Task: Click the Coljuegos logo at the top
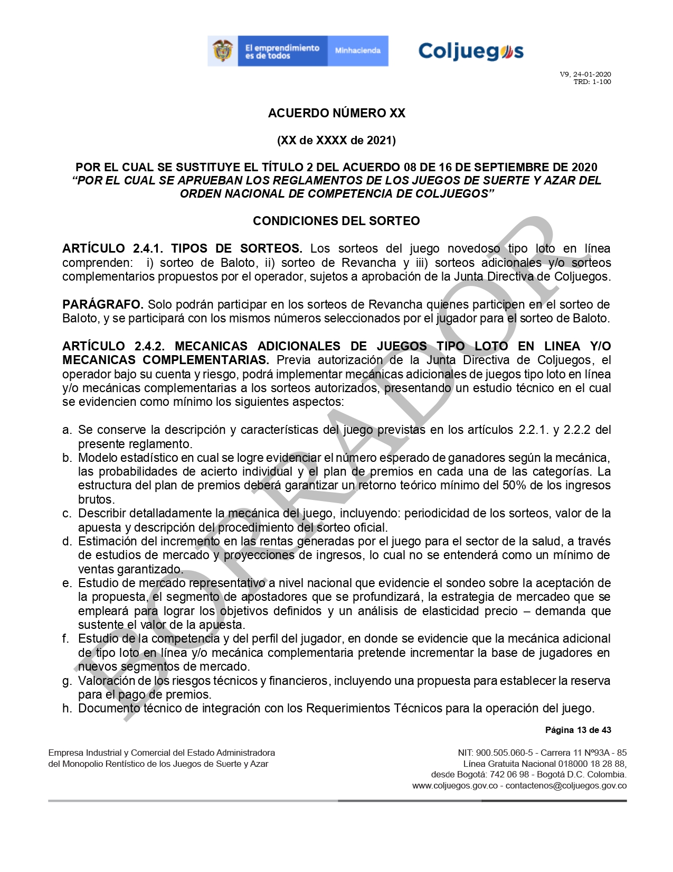coord(471,51)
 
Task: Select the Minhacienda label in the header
coord(357,51)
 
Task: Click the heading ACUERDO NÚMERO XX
coord(336,113)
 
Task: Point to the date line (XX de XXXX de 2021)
coord(336,140)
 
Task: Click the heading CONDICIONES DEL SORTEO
coord(336,221)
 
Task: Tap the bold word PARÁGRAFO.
coord(103,304)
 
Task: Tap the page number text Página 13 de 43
coord(578,730)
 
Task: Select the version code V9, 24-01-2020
coord(585,74)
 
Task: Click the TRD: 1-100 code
coord(592,82)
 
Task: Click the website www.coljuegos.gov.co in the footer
coord(455,785)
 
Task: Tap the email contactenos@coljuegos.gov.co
coord(566,785)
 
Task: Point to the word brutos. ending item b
coord(97,499)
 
